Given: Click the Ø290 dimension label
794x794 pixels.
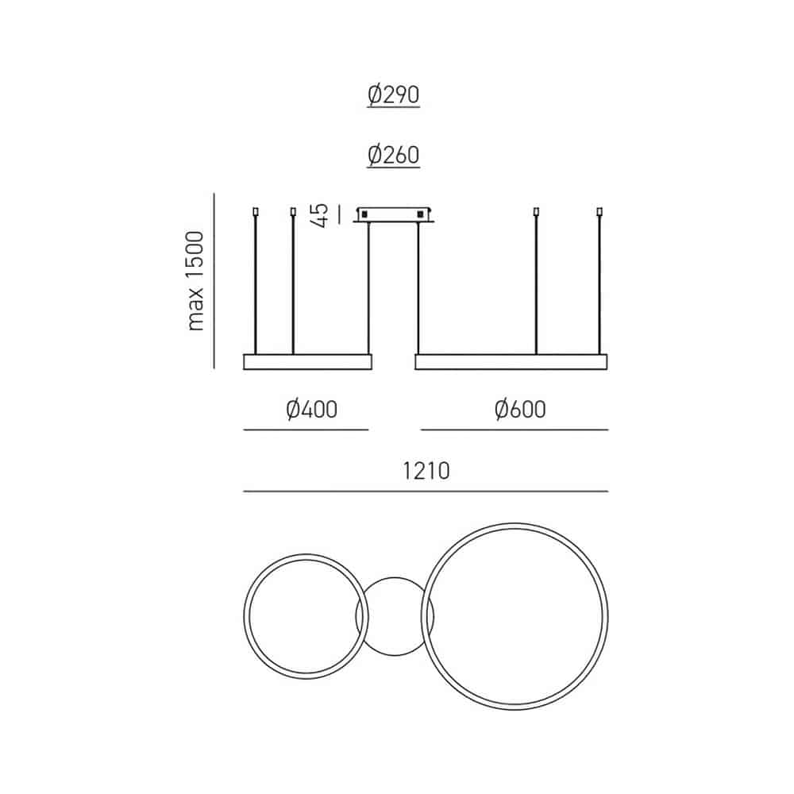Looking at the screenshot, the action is pyautogui.click(x=394, y=94).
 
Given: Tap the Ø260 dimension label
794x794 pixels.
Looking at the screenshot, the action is pyautogui.click(x=394, y=155).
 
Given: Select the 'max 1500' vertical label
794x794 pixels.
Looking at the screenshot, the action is pyautogui.click(x=195, y=281).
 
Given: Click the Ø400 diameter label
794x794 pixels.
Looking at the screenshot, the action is pyautogui.click(x=311, y=410).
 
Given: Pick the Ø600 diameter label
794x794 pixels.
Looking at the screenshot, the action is pyautogui.click(x=520, y=410).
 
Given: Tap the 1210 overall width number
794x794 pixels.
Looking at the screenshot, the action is pyautogui.click(x=426, y=471).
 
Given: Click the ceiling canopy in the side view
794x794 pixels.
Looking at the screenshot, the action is pyautogui.click(x=394, y=214).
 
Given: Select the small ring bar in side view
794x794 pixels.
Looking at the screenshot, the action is pyautogui.click(x=307, y=362).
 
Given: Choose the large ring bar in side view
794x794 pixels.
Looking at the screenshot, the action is pyautogui.click(x=511, y=362).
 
